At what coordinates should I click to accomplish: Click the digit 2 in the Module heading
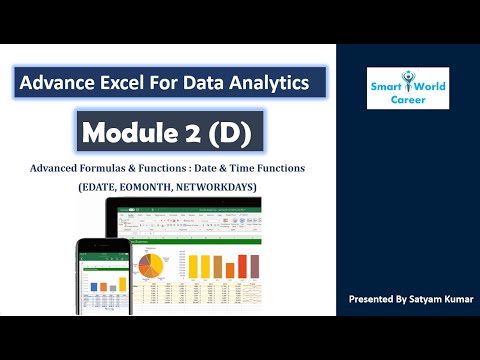click(x=195, y=130)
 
